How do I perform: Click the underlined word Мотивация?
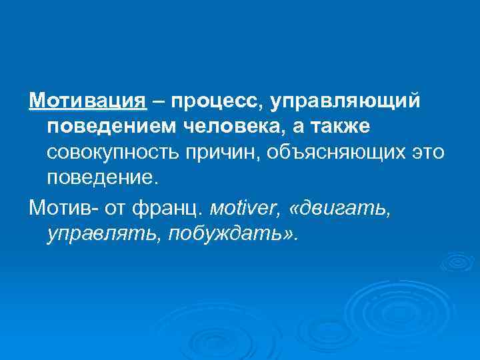pos(87,101)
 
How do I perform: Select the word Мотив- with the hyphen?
pos(64,207)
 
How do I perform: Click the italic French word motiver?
pos(247,207)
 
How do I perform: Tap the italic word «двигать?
pos(339,207)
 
